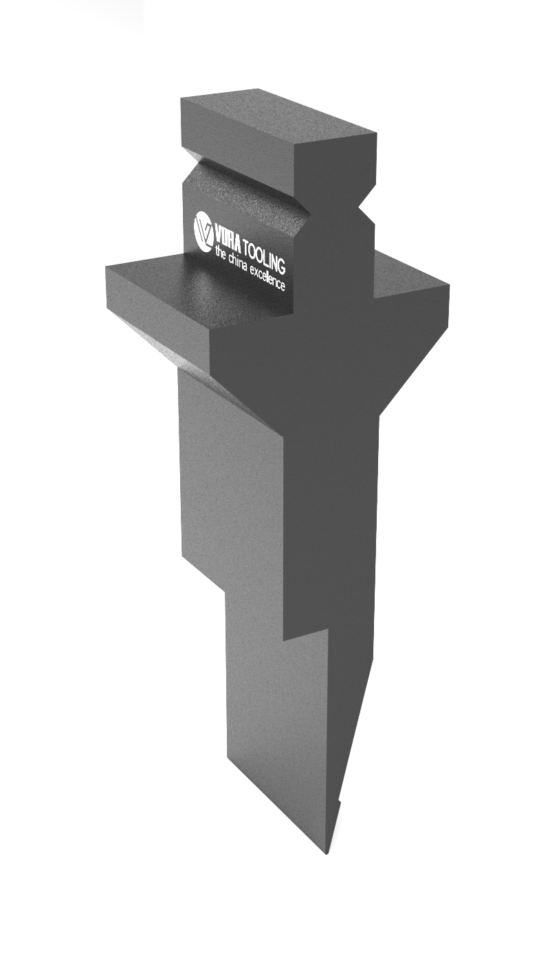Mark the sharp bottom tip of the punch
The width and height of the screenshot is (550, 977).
(327, 853)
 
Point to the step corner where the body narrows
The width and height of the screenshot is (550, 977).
(284, 639)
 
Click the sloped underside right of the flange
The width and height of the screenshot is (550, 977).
(412, 357)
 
